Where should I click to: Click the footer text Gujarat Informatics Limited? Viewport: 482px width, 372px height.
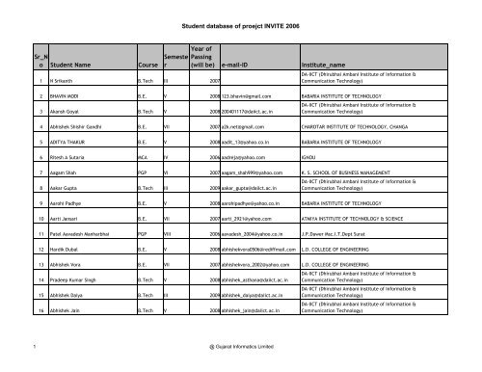point(240,364)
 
